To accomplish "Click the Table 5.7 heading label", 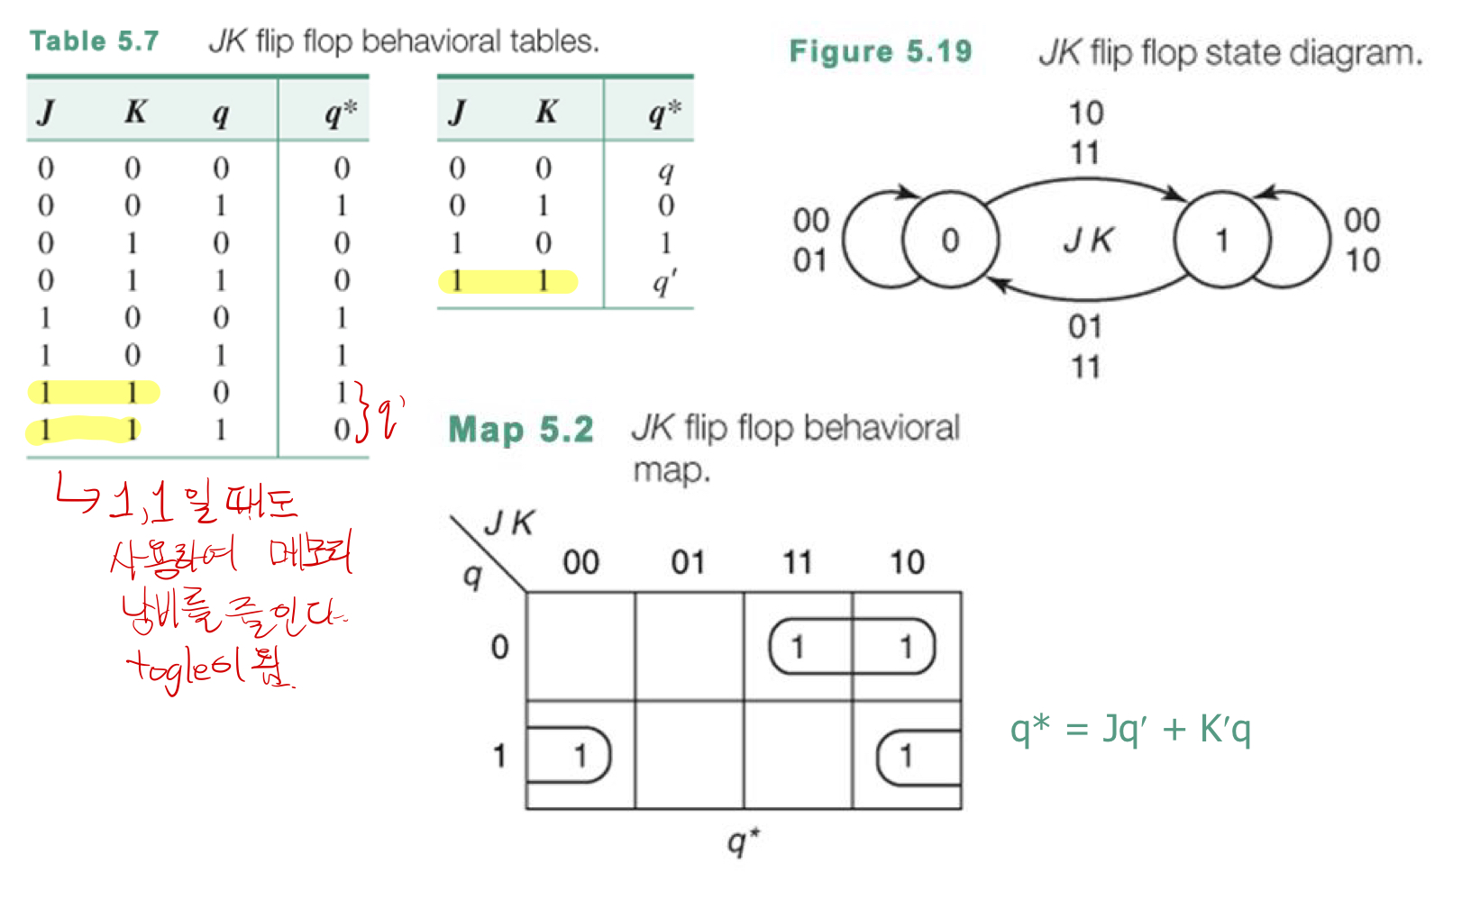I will (94, 41).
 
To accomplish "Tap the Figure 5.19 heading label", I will (880, 51).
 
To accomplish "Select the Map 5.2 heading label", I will (521, 430).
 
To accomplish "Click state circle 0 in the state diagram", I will (950, 240).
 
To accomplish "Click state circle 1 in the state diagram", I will (1222, 240).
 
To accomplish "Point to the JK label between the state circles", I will (1088, 240).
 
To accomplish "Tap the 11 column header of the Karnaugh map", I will (797, 562).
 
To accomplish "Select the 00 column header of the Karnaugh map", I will (580, 562).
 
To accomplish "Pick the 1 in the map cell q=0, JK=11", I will (797, 646).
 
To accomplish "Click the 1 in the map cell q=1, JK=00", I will (580, 754).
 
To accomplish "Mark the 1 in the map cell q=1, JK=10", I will (906, 754).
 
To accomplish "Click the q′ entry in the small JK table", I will (664, 282).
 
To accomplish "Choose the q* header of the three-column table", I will (664, 113).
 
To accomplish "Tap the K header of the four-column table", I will (134, 112).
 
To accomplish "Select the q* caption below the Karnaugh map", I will (743, 841).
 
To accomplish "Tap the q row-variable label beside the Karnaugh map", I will (471, 574).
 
